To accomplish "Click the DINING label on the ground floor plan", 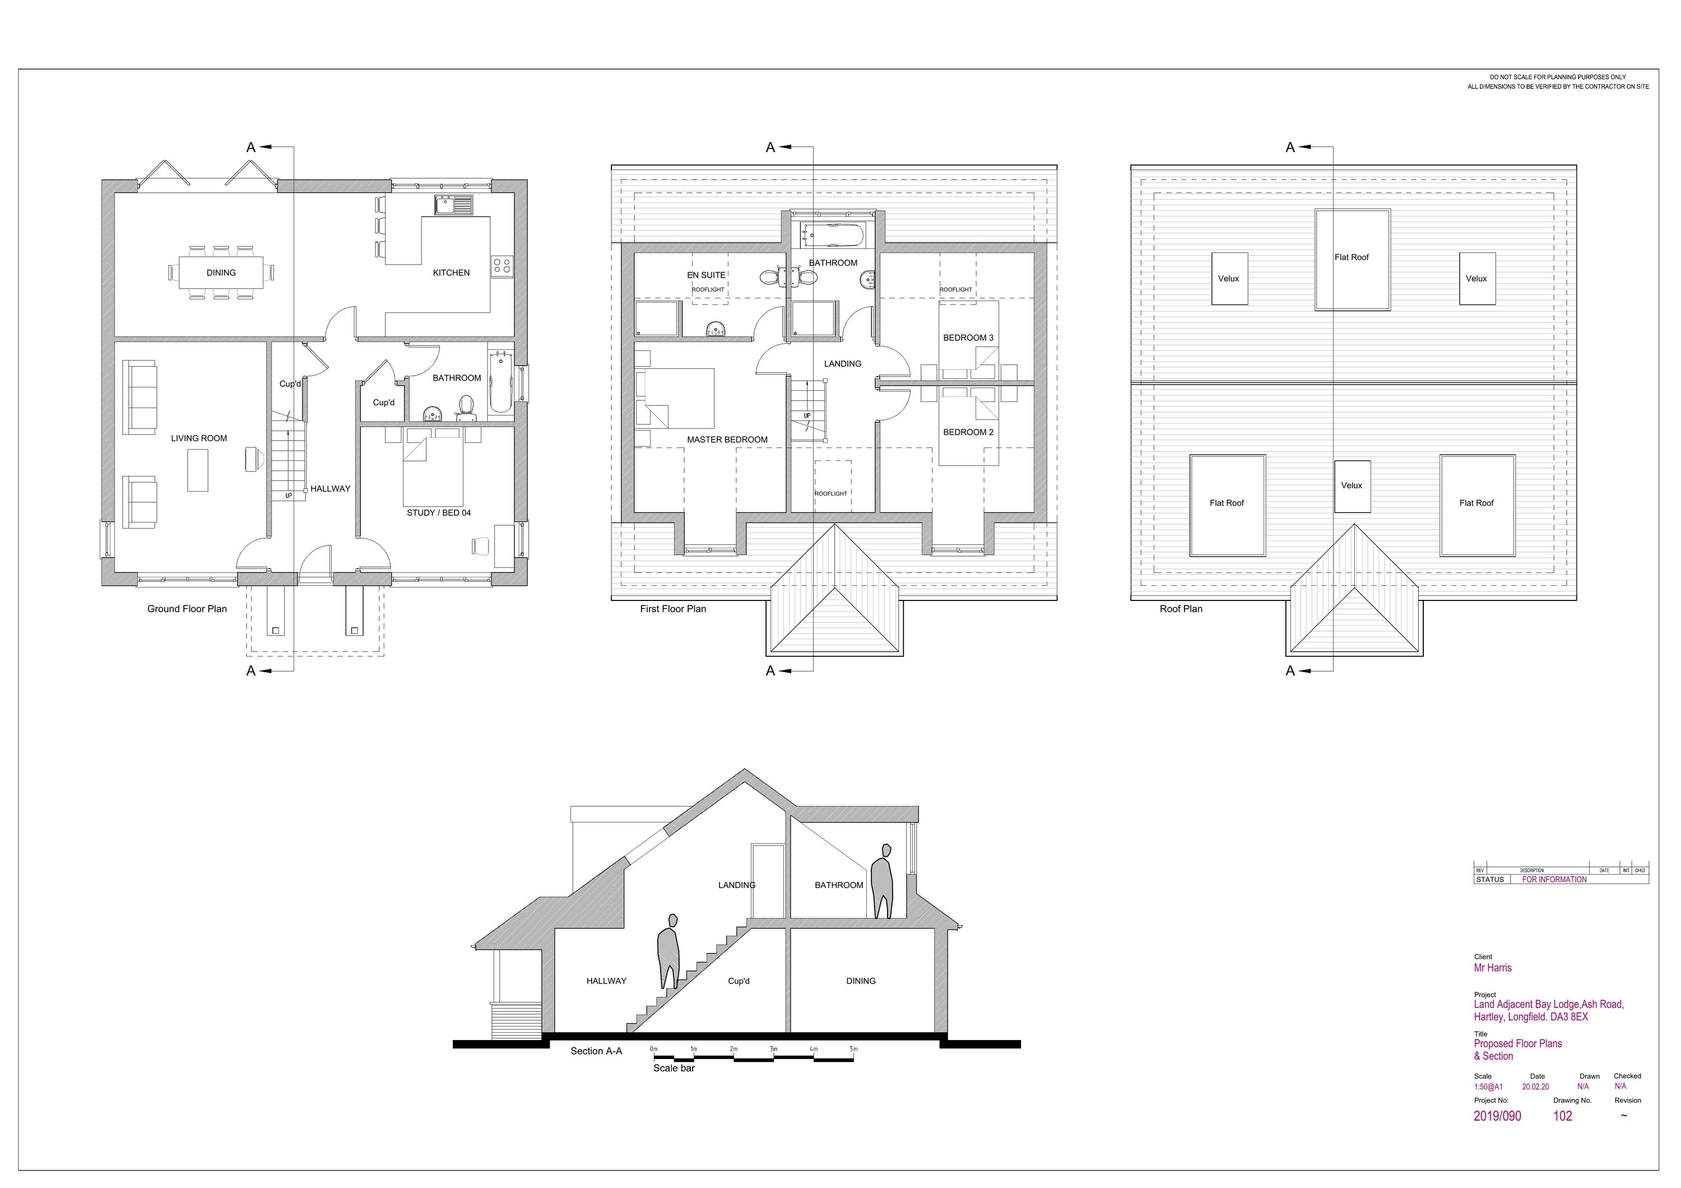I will click(221, 272).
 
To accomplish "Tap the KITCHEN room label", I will click(451, 272).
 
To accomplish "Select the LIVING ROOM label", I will click(199, 438).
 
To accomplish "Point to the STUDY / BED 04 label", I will click(439, 512).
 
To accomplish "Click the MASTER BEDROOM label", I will click(727, 440).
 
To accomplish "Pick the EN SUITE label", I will click(707, 275).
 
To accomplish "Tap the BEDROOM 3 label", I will click(968, 338).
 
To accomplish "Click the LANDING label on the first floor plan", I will click(843, 363).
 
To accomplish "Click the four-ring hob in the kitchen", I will click(501, 265).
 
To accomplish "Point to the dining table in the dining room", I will click(221, 272).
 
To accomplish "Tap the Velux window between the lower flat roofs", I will click(1352, 486).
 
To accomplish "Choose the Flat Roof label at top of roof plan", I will click(1352, 258).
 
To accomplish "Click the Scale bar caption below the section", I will click(674, 1068).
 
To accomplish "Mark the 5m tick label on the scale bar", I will click(853, 1049).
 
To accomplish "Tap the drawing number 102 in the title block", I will click(1562, 1116).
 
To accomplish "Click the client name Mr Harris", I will click(1493, 968).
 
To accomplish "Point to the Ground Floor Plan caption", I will click(187, 609).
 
